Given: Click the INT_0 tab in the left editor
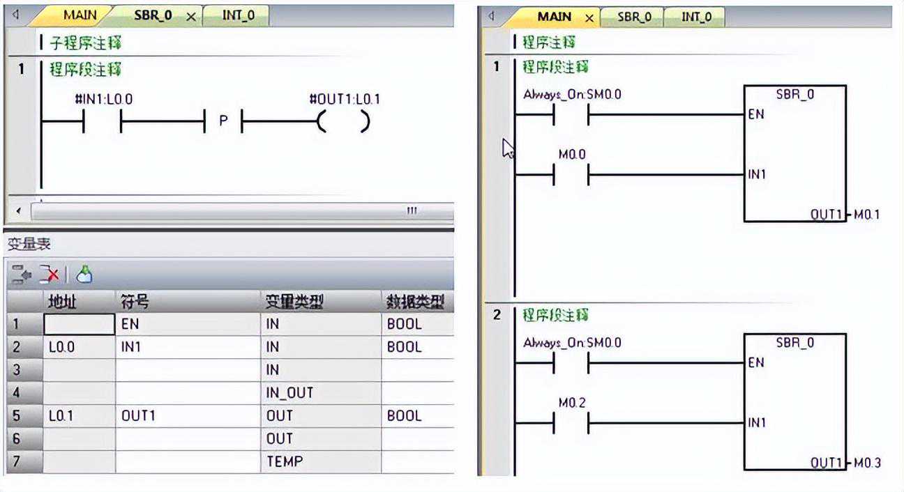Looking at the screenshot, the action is (238, 16).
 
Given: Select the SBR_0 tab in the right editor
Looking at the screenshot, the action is (634, 17).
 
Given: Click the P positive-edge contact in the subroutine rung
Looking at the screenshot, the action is (223, 121).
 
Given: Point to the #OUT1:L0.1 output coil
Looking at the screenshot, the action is (344, 121).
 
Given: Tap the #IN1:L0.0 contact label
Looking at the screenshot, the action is (104, 99).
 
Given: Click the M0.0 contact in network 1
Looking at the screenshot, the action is (571, 174).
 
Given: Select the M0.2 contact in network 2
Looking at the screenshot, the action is (571, 422).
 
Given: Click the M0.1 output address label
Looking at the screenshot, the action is (866, 215).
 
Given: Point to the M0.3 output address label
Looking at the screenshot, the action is (867, 463).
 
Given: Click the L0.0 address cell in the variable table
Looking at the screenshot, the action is (79, 347).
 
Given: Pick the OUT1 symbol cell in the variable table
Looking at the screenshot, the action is (188, 416).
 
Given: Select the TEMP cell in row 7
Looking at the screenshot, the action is (321, 461).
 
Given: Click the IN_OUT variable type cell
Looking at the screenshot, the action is (321, 393).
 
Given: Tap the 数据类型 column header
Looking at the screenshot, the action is (416, 302).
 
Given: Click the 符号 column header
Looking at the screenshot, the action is (135, 302).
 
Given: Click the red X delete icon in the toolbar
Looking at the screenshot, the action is (50, 275).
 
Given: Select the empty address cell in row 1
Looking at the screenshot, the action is (79, 324).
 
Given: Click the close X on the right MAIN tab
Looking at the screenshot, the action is (589, 18).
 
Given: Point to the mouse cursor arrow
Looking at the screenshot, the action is (508, 148).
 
